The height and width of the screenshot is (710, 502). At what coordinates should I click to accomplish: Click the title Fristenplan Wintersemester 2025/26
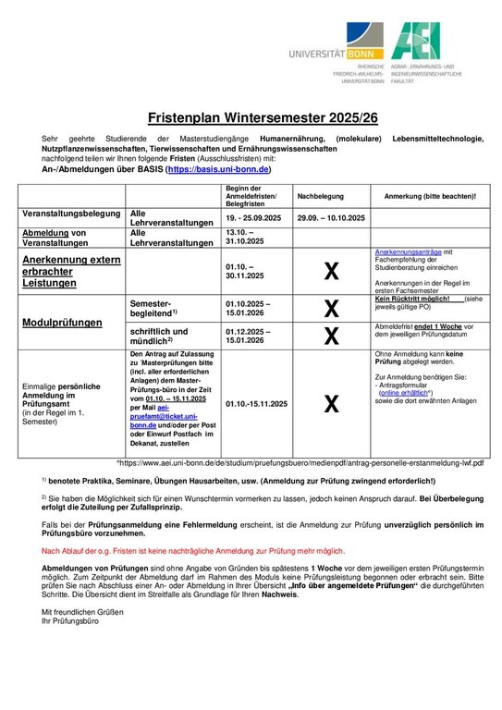point(251,118)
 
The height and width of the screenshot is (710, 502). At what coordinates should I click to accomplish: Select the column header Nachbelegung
point(319,197)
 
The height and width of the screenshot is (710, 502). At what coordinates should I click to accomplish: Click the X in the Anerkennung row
point(330,271)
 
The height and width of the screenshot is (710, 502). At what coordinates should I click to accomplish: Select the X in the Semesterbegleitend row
point(330,310)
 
